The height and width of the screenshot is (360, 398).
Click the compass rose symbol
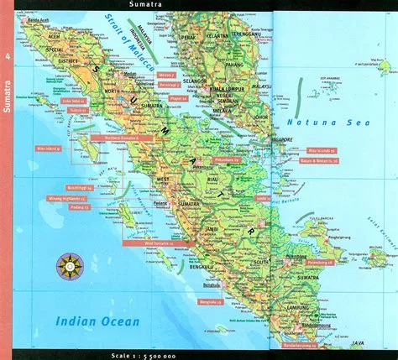(x=66, y=267)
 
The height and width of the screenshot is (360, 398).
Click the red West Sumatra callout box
(x=147, y=243)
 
